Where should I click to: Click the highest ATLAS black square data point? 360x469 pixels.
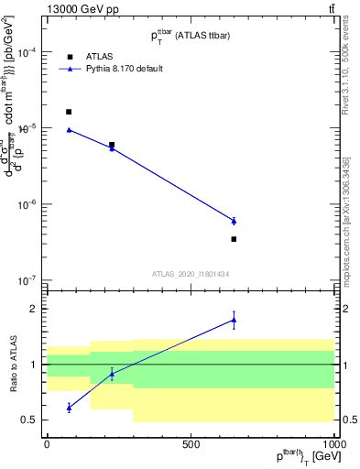(x=69, y=112)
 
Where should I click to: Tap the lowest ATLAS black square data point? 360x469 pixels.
(x=234, y=239)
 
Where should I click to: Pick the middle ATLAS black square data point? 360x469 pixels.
(x=112, y=145)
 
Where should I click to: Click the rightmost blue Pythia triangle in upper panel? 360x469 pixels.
(x=234, y=221)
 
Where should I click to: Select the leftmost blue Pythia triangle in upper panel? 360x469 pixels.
(x=69, y=130)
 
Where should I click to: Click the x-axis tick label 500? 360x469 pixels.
(x=191, y=443)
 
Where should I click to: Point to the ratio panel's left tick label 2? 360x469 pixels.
(x=35, y=309)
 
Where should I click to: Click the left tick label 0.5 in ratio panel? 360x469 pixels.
(x=31, y=420)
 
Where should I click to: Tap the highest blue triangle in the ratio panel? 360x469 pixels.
(x=234, y=320)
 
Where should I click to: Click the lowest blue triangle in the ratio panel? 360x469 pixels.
(x=69, y=408)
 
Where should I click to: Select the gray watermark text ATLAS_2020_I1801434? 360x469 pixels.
(x=191, y=274)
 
